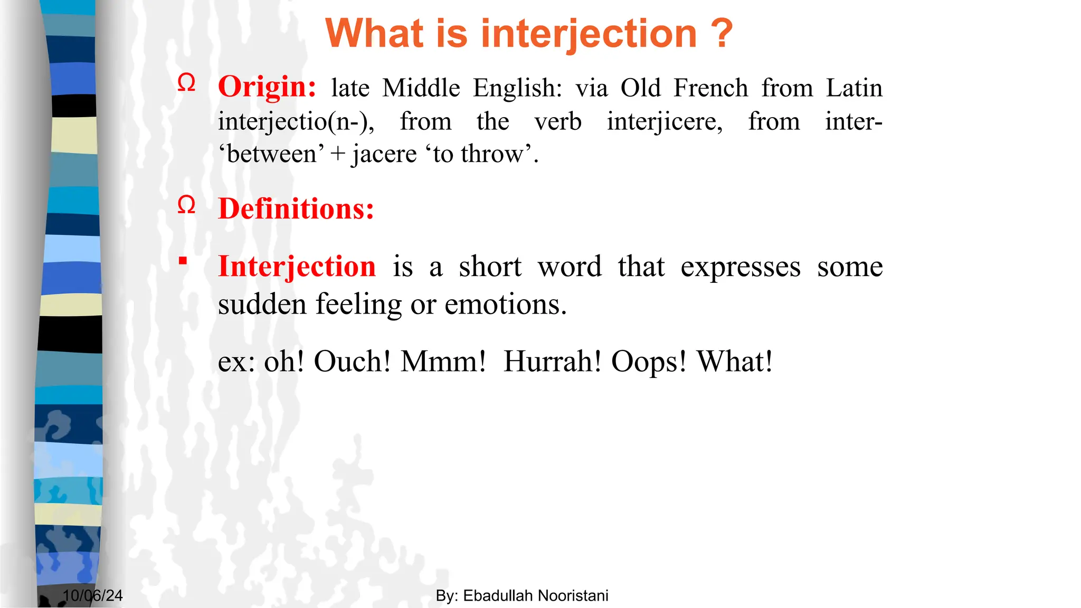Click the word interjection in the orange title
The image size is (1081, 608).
589,34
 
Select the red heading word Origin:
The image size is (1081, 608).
267,87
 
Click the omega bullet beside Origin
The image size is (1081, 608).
186,83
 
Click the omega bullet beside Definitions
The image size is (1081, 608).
186,205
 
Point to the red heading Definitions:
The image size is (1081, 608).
296,209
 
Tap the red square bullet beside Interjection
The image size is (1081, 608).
183,260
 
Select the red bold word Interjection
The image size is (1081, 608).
297,266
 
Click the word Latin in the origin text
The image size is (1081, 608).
854,88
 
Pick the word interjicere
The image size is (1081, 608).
665,122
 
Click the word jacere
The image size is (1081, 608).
384,154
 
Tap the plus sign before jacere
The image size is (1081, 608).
338,155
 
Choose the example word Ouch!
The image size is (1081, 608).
352,362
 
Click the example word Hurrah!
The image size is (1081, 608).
552,362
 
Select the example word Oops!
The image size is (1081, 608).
649,362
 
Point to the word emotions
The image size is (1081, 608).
505,305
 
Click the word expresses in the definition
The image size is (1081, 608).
740,267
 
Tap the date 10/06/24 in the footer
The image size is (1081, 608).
92,596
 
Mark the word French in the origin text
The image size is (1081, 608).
710,88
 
